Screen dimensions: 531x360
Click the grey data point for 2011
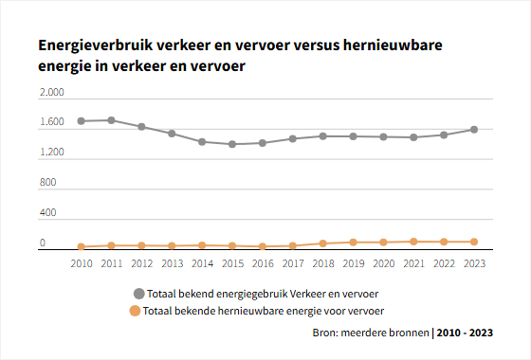click(x=112, y=120)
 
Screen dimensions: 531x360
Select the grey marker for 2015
click(x=232, y=144)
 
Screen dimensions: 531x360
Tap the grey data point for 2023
click(x=474, y=130)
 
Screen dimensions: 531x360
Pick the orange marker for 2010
click(x=82, y=246)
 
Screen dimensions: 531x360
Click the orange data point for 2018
click(x=323, y=243)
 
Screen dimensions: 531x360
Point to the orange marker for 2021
click(x=413, y=242)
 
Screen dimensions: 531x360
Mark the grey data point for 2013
click(x=172, y=134)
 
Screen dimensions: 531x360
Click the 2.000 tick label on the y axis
click(x=52, y=92)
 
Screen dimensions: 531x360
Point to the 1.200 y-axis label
click(x=52, y=152)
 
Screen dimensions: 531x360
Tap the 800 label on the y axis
click(x=47, y=182)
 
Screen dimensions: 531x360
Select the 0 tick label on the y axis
click(x=43, y=243)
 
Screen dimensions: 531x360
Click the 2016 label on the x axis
click(x=263, y=263)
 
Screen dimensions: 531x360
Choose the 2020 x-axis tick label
click(x=384, y=263)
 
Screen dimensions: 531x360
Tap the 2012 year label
click(x=142, y=263)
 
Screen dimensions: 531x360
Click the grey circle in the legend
click(x=138, y=294)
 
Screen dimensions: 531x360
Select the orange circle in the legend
click(x=135, y=311)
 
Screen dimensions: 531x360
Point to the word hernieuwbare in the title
click(x=393, y=45)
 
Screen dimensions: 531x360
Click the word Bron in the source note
click(x=324, y=333)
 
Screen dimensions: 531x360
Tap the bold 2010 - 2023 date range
click(x=465, y=333)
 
